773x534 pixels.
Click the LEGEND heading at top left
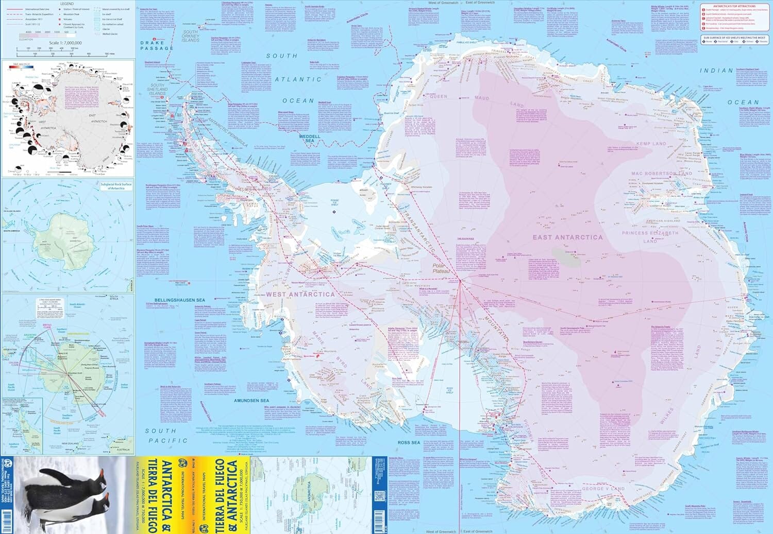(66, 4)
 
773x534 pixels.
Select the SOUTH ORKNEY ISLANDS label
(190, 37)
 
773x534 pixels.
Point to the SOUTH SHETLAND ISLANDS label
(157, 89)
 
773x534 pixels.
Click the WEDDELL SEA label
(309, 138)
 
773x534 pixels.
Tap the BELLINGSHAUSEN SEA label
(179, 300)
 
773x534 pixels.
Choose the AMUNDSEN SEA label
(251, 400)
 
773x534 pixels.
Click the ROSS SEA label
(409, 442)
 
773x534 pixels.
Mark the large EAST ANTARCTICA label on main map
(567, 237)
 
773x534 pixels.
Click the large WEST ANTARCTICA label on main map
(300, 295)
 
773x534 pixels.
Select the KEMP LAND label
(651, 144)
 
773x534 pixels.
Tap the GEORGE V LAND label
(603, 488)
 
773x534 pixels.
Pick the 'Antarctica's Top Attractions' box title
(738, 6)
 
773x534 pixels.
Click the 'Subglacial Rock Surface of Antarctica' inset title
(116, 186)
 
